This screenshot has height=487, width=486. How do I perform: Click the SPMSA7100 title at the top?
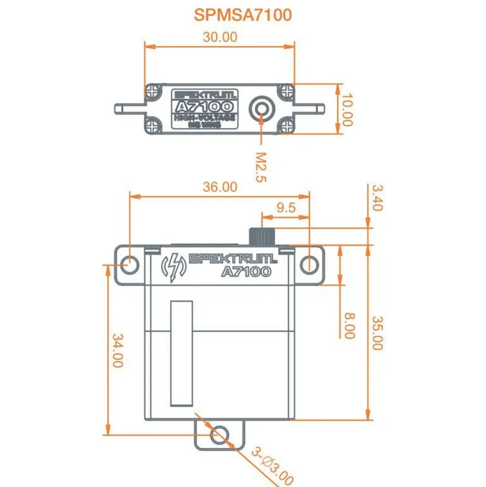pos(242,15)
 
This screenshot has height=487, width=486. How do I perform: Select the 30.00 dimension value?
pos(220,37)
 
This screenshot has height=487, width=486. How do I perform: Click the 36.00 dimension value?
pos(219,187)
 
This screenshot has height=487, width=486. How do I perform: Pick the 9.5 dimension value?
pos(286,208)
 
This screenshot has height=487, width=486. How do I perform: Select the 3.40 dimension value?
pos(377,198)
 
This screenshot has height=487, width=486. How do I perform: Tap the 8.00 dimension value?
pos(349,326)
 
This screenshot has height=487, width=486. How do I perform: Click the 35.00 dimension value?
pos(377,333)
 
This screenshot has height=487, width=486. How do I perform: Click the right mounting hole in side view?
pos(309,264)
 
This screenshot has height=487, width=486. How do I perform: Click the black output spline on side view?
pos(264,236)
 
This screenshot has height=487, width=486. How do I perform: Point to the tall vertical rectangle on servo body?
pos(181,353)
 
